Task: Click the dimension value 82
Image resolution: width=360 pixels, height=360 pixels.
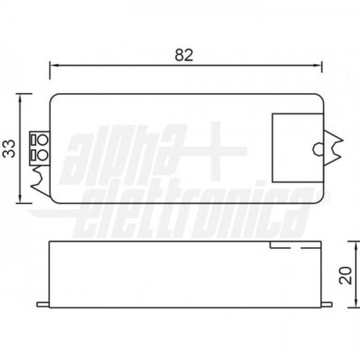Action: pos(184,55)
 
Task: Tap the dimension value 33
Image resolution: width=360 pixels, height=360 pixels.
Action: pos(9,149)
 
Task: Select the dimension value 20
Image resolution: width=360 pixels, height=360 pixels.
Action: pos(346,275)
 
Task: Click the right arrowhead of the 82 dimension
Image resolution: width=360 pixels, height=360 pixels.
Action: pos(317,65)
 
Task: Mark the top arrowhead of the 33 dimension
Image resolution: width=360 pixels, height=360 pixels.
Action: pos(20,99)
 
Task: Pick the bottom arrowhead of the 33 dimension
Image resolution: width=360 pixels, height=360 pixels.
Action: pos(20,198)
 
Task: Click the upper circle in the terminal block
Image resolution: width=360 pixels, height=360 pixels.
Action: pos(43,140)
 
